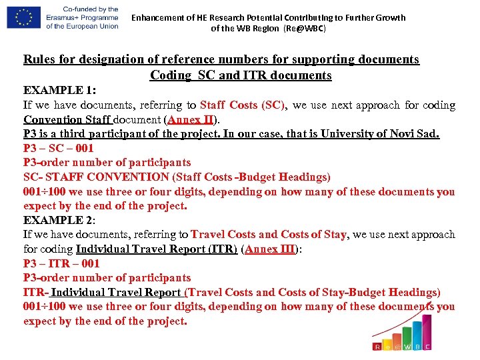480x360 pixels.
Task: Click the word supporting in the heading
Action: pyautogui.click(x=297, y=59)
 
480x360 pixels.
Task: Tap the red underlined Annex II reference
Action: pyautogui.click(x=191, y=120)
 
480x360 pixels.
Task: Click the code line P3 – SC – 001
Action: pyautogui.click(x=59, y=148)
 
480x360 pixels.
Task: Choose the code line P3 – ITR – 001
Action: pyautogui.click(x=61, y=263)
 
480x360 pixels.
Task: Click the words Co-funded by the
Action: pyautogui.click(x=82, y=9)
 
